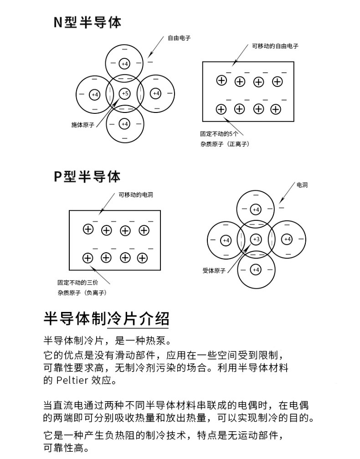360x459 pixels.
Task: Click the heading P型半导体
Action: [x=87, y=176]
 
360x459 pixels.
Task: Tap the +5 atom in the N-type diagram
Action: [x=125, y=94]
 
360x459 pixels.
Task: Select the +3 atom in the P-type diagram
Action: [x=256, y=240]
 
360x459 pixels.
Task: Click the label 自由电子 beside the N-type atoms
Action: [x=179, y=38]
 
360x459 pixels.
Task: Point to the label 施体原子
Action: [x=82, y=125]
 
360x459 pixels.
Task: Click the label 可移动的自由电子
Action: [x=275, y=46]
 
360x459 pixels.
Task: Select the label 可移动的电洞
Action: [x=135, y=195]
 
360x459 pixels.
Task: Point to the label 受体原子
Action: [x=214, y=270]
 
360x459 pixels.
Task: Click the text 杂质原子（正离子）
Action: [x=224, y=144]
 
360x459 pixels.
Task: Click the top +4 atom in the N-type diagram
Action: [x=125, y=63]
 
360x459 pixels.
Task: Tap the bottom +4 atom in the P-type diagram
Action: [x=256, y=270]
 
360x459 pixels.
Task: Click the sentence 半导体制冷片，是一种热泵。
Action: [x=107, y=341]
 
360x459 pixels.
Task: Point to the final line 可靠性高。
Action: [x=65, y=448]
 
